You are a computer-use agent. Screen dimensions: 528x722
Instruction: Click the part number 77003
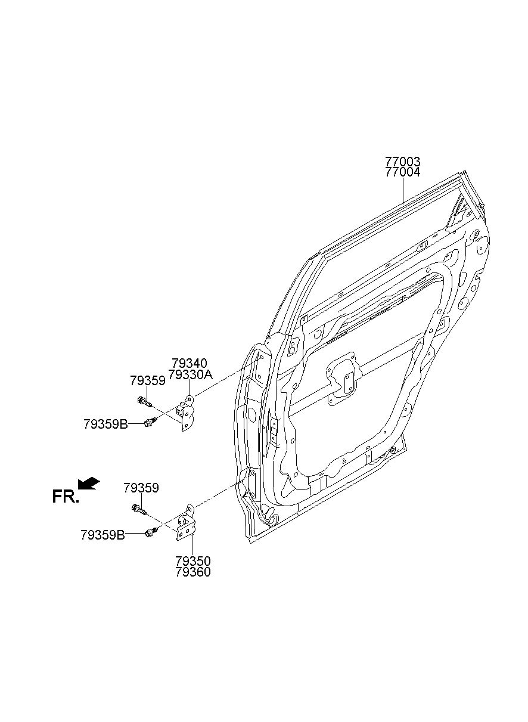pyautogui.click(x=403, y=162)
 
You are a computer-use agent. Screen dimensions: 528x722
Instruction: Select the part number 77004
pyautogui.click(x=403, y=172)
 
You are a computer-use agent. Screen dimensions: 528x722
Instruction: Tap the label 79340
pyautogui.click(x=189, y=363)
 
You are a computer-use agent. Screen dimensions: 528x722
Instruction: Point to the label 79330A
pyautogui.click(x=192, y=374)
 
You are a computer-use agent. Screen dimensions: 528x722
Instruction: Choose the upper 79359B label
pyautogui.click(x=105, y=424)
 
